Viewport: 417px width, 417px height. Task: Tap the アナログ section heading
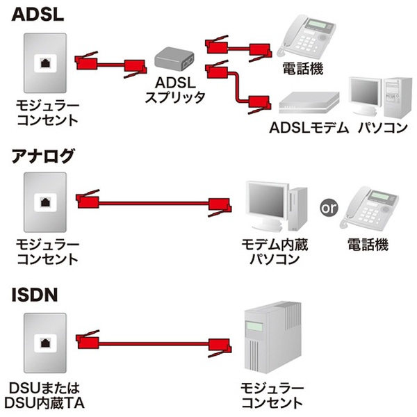pos(43,156)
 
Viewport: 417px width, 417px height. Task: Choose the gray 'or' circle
pos(329,206)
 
